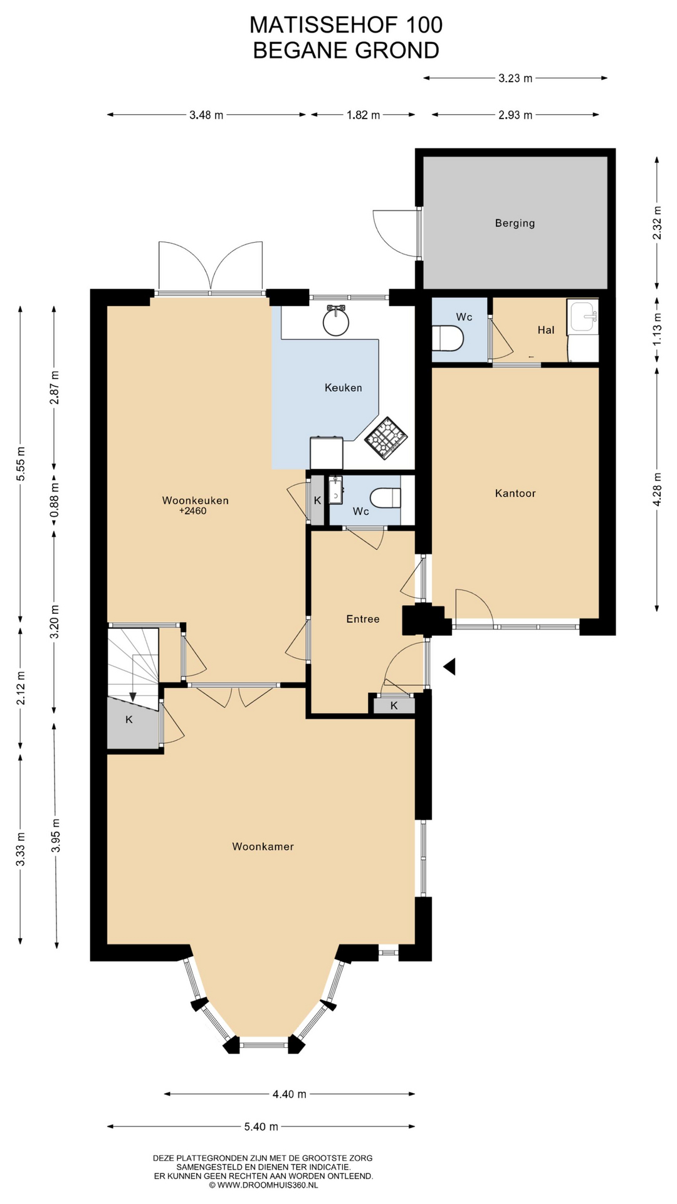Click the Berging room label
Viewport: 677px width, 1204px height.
515,223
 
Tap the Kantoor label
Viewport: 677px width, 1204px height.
515,494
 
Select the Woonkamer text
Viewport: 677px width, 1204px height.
263,847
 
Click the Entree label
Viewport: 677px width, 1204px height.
363,619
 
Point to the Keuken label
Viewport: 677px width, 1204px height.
343,388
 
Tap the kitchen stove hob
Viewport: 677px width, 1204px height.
386,438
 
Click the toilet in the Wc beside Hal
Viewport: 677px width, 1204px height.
448,339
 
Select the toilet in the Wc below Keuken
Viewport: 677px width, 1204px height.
386,499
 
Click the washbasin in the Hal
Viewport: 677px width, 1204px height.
582,317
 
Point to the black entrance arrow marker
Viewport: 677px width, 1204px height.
449,667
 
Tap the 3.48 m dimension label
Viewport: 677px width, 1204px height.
206,115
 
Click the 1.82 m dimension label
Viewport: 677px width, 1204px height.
363,115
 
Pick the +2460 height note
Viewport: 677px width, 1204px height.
192,511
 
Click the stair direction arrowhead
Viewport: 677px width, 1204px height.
133,697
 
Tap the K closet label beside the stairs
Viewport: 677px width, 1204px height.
129,720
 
